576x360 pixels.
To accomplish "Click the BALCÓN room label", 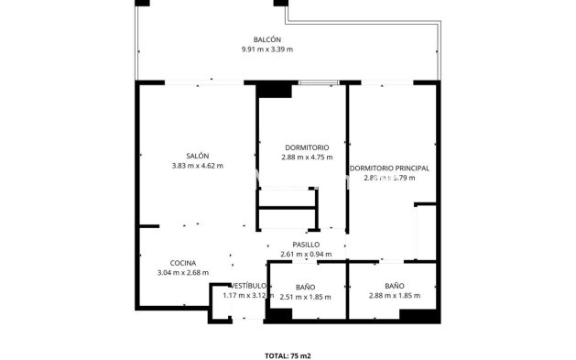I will pyautogui.click(x=267, y=39).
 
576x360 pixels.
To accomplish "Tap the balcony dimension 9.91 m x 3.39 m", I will pyautogui.click(x=267, y=49).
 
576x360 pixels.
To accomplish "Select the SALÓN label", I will pyautogui.click(x=197, y=156).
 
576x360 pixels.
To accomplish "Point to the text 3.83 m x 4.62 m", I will pyautogui.click(x=197, y=166).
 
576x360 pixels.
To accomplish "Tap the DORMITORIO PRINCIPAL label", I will pyautogui.click(x=389, y=169).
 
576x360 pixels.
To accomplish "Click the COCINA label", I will pyautogui.click(x=158, y=262).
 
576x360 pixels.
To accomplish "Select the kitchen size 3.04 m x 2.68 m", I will pyautogui.click(x=183, y=272).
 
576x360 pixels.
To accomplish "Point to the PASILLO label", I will pyautogui.click(x=306, y=245).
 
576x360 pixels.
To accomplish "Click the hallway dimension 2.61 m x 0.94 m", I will pyautogui.click(x=306, y=255).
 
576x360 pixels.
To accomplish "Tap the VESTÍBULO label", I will pyautogui.click(x=247, y=286).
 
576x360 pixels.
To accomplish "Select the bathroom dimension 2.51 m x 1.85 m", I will pyautogui.click(x=307, y=297).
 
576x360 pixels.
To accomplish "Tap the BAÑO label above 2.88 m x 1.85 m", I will pyautogui.click(x=394, y=287).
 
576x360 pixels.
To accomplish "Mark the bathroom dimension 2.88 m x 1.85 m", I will pyautogui.click(x=394, y=297).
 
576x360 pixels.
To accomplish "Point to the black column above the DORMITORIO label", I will pyautogui.click(x=273, y=90).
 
